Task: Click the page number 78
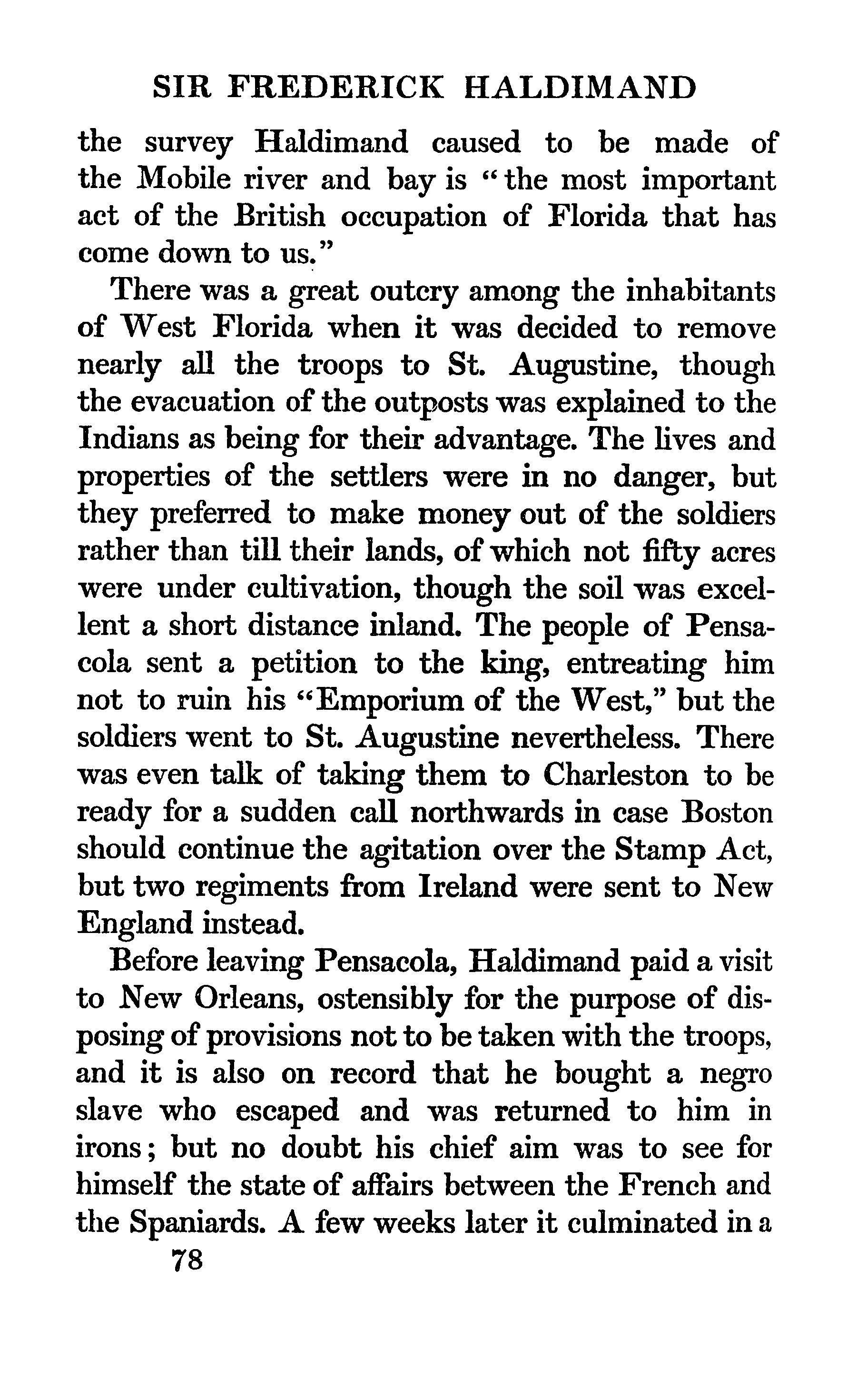(x=187, y=1260)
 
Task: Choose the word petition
(x=304, y=664)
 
